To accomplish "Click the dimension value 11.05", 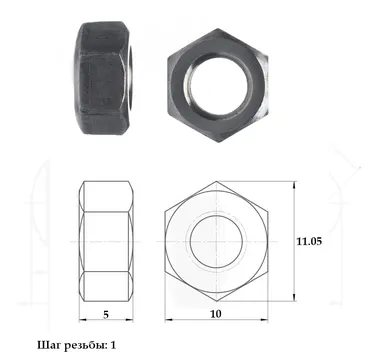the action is tap(309, 241).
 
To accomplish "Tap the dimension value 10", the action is tap(216, 314).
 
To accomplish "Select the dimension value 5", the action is tap(106, 314).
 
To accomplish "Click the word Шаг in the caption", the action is tap(48, 345).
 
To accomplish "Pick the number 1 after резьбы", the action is tap(113, 345).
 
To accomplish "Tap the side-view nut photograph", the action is tap(104, 78).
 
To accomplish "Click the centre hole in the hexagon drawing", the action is tap(216, 241).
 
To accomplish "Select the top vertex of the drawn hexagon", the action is tap(217, 181).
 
